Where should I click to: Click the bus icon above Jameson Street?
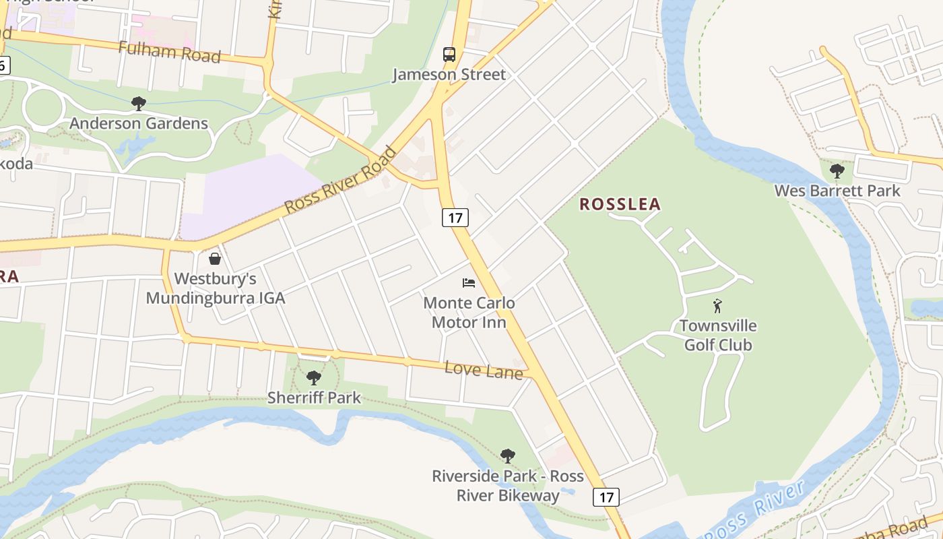[449, 55]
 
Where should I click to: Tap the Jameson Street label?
[449, 74]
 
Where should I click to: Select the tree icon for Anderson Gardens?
[139, 104]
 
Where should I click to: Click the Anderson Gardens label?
[139, 123]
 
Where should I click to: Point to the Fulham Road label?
[169, 52]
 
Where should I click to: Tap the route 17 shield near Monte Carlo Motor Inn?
[455, 218]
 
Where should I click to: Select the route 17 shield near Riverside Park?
[606, 497]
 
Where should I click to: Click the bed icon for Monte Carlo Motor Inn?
[469, 283]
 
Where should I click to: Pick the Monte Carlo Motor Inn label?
[469, 313]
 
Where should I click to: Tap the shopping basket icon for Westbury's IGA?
[215, 259]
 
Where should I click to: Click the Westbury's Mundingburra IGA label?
[216, 288]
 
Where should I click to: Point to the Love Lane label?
[484, 370]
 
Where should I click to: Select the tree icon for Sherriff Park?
[314, 378]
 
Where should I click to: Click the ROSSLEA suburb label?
[620, 204]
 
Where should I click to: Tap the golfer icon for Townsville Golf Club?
[718, 306]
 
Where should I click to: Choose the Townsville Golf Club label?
[718, 336]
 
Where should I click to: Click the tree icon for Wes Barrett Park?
[837, 171]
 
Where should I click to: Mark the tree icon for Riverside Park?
[508, 457]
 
